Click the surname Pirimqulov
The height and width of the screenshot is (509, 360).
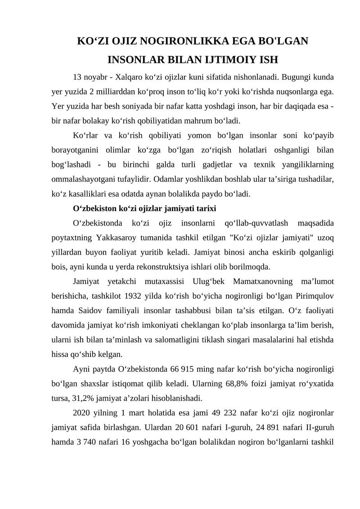(x=315, y=296)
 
